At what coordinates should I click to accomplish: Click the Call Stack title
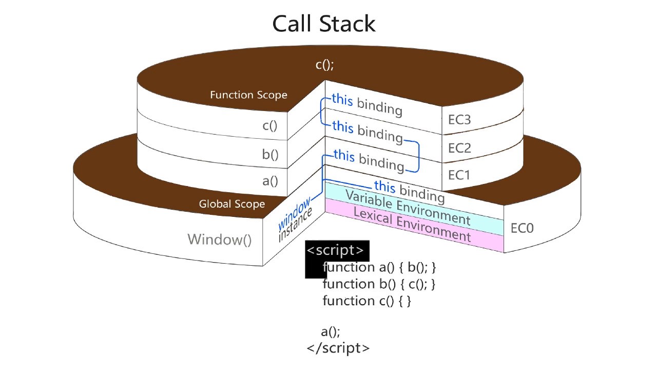click(324, 24)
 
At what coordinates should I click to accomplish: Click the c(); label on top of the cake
click(324, 65)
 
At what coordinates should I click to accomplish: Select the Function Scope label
click(248, 95)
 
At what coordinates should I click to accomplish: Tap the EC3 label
click(459, 120)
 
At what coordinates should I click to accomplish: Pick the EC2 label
click(459, 148)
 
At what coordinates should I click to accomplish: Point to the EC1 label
click(459, 175)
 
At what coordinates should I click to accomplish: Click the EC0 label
click(522, 228)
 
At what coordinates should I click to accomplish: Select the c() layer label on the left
click(270, 126)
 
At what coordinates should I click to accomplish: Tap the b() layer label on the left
click(270, 154)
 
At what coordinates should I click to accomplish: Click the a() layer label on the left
click(270, 181)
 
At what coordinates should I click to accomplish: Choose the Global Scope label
click(232, 204)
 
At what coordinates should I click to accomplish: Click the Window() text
click(220, 239)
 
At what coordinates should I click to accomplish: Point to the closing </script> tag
click(338, 348)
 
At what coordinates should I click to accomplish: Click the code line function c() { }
click(366, 301)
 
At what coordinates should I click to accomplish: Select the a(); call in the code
click(331, 331)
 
